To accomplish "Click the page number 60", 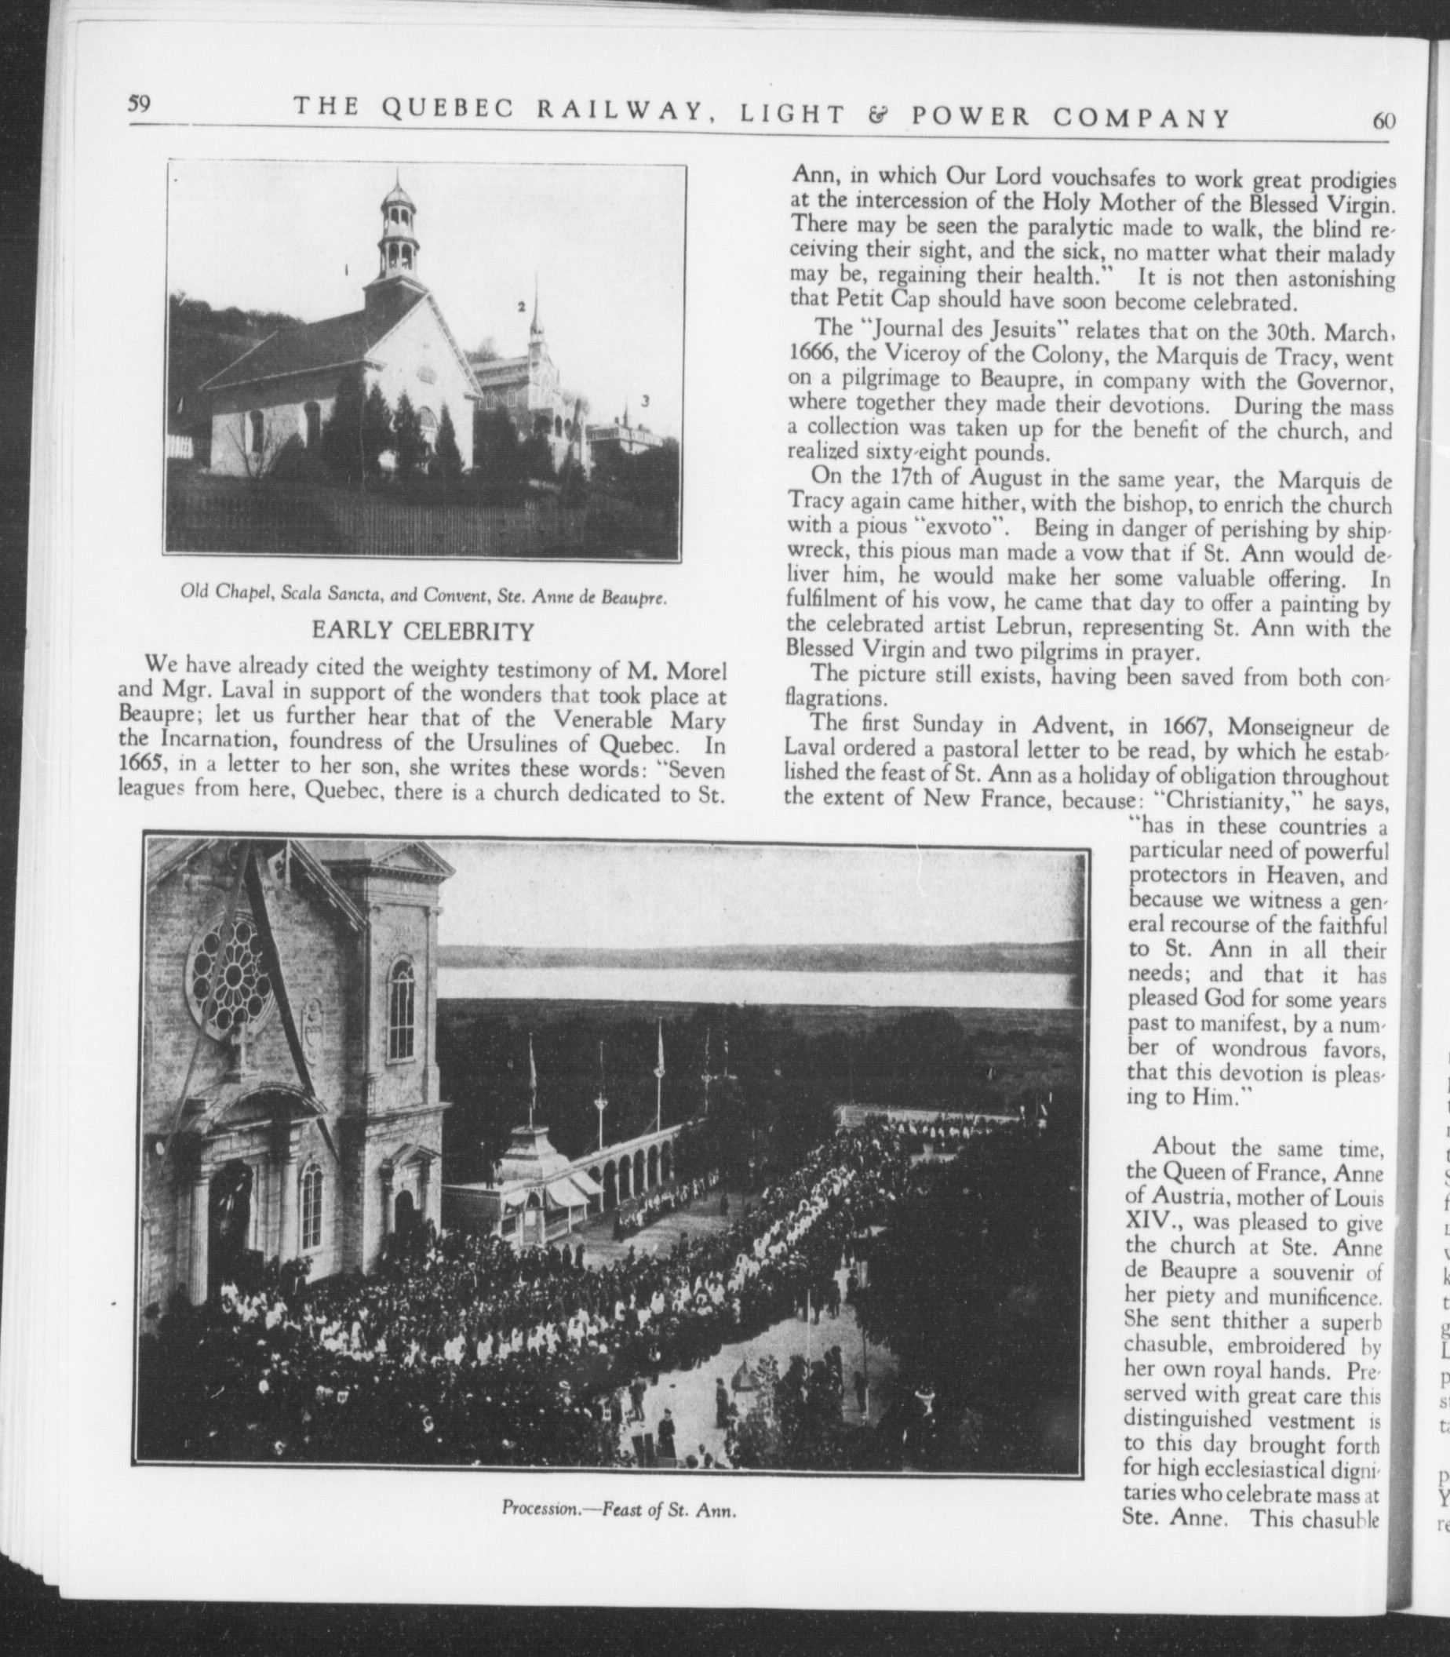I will pyautogui.click(x=1384, y=120).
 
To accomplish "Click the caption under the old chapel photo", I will pyautogui.click(x=424, y=599).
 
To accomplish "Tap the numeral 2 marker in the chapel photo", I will pyautogui.click(x=522, y=307).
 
